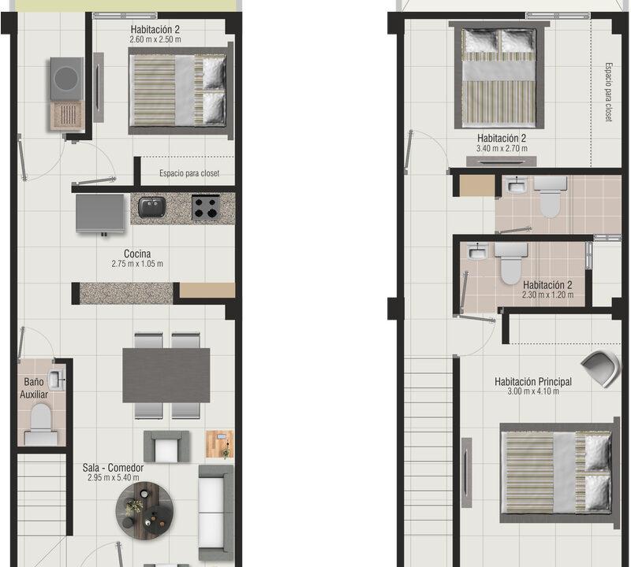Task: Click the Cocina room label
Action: coord(137,254)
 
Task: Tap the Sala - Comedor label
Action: coord(113,468)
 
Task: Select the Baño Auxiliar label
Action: coord(34,388)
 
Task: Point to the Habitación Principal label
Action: coord(533,382)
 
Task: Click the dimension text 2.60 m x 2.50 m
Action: coord(155,40)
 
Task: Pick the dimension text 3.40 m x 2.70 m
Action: coord(502,148)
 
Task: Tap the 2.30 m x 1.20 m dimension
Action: coord(547,295)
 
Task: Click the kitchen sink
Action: coord(152,207)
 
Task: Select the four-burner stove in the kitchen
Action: coord(206,208)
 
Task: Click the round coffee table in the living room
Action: coord(145,508)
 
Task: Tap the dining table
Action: coord(166,376)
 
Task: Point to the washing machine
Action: coord(67,79)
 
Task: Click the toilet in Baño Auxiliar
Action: coord(40,424)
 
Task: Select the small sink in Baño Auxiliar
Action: coord(56,380)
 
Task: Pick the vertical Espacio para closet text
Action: coord(608,92)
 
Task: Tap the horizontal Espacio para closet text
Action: coord(189,173)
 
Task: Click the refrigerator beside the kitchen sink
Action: coord(101,213)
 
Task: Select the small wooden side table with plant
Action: coord(220,444)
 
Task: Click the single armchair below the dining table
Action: coord(166,447)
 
